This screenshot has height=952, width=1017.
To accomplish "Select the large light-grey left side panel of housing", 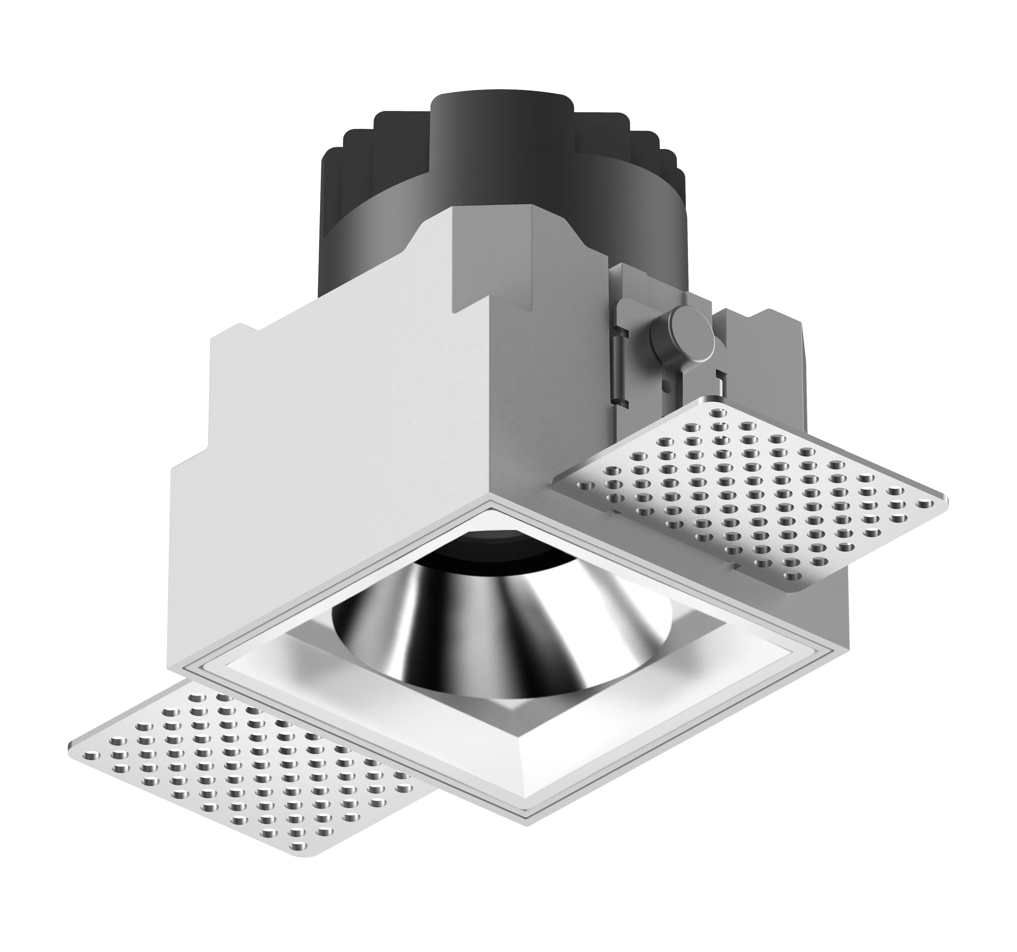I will [x=327, y=461].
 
